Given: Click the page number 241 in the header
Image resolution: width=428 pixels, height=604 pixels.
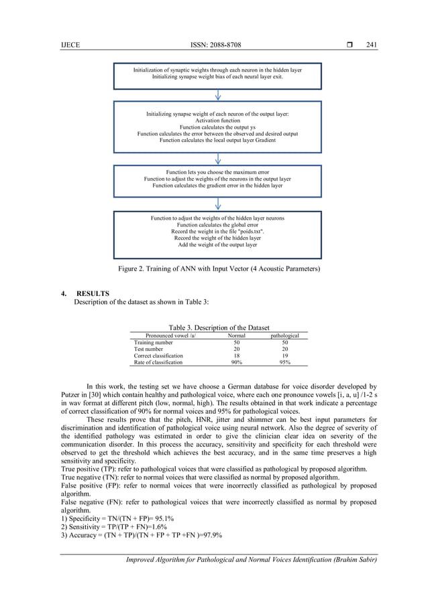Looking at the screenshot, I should (x=372, y=46).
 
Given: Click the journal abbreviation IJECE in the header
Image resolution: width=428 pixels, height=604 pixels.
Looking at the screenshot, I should (x=69, y=46).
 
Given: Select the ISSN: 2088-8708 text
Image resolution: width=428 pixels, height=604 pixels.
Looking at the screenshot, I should (x=217, y=46).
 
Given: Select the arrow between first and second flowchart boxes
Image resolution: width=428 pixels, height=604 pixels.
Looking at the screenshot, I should (x=218, y=95).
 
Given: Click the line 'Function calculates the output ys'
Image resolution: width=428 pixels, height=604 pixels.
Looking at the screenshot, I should (x=217, y=127).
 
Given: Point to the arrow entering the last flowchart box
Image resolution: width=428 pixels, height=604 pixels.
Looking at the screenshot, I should (x=218, y=204).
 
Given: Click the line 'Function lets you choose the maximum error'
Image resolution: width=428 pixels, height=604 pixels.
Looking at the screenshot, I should (x=217, y=172).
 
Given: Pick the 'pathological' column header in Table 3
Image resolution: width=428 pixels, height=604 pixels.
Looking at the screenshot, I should (x=284, y=335).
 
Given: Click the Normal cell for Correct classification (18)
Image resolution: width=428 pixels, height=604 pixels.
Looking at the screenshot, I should (x=236, y=356).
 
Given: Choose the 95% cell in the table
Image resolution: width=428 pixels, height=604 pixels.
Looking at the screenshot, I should (x=284, y=362).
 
